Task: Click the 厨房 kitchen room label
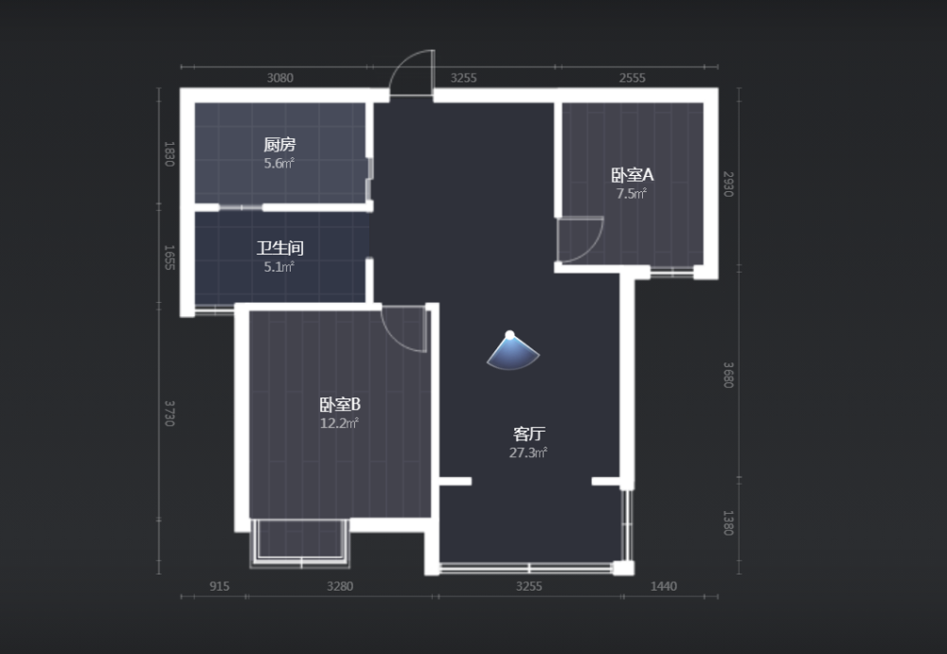[x=279, y=145]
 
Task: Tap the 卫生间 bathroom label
[x=279, y=248]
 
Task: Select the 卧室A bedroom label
[x=633, y=175]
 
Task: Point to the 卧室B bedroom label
[x=340, y=404]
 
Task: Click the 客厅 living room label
[x=529, y=433]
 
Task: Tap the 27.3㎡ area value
[x=527, y=453]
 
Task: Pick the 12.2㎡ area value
[x=339, y=423]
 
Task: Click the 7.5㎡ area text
[x=631, y=194]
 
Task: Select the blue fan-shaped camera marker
[x=512, y=351]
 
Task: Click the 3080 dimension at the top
[x=280, y=78]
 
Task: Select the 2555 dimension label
[x=633, y=78]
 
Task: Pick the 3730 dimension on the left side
[x=170, y=413]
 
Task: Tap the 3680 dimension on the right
[x=728, y=375]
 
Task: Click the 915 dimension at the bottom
[x=220, y=587]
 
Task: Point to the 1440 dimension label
[x=663, y=587]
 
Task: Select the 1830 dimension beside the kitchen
[x=170, y=154]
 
